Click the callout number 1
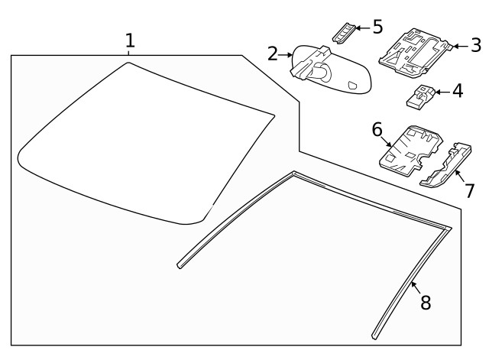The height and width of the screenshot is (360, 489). coord(130,40)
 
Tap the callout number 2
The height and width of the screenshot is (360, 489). coord(273,54)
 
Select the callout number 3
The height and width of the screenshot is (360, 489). coord(475,46)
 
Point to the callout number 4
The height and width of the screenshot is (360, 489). coord(457,91)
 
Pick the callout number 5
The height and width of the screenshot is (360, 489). coord(377,28)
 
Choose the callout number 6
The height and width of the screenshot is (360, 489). coord(377,129)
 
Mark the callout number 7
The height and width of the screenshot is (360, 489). coord(469,190)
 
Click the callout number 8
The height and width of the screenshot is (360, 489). coord(425,302)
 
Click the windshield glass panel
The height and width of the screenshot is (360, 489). coord(145,145)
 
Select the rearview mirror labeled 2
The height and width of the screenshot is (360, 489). coord(329,73)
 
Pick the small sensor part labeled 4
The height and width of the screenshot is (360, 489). coord(419,96)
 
